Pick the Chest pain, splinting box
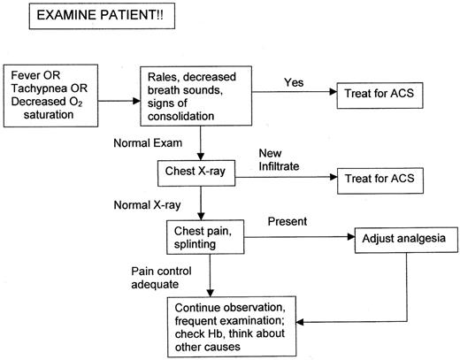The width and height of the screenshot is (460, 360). [x=203, y=237]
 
